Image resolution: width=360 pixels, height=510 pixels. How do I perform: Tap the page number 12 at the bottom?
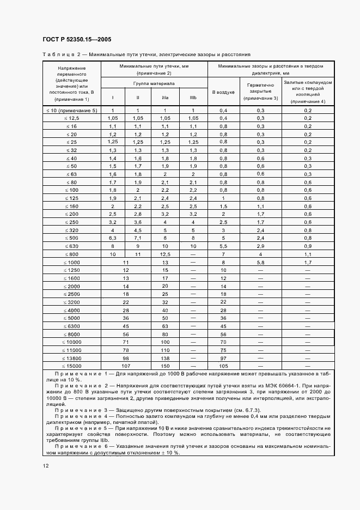click(x=45, y=465)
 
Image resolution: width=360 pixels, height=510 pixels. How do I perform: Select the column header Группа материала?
click(x=154, y=84)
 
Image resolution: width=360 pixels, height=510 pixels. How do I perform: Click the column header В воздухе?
click(x=223, y=93)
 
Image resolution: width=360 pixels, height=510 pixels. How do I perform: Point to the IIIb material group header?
click(x=193, y=98)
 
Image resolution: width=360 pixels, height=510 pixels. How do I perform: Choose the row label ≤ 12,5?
click(x=71, y=118)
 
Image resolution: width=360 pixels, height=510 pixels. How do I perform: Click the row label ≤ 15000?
click(x=71, y=366)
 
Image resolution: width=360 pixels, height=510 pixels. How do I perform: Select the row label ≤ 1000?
click(x=71, y=263)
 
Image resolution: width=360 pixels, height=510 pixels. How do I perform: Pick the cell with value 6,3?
click(x=113, y=238)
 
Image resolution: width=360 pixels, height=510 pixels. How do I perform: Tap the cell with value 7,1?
click(x=138, y=238)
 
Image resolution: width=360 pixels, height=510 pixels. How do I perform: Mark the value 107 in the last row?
click(x=126, y=366)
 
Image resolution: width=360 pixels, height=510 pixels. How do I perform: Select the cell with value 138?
click(x=166, y=358)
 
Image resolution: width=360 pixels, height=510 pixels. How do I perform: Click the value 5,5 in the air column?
click(x=223, y=246)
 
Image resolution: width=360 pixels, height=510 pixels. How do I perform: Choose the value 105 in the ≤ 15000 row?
click(x=223, y=366)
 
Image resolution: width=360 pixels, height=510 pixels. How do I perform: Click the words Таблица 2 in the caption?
click(x=62, y=54)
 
